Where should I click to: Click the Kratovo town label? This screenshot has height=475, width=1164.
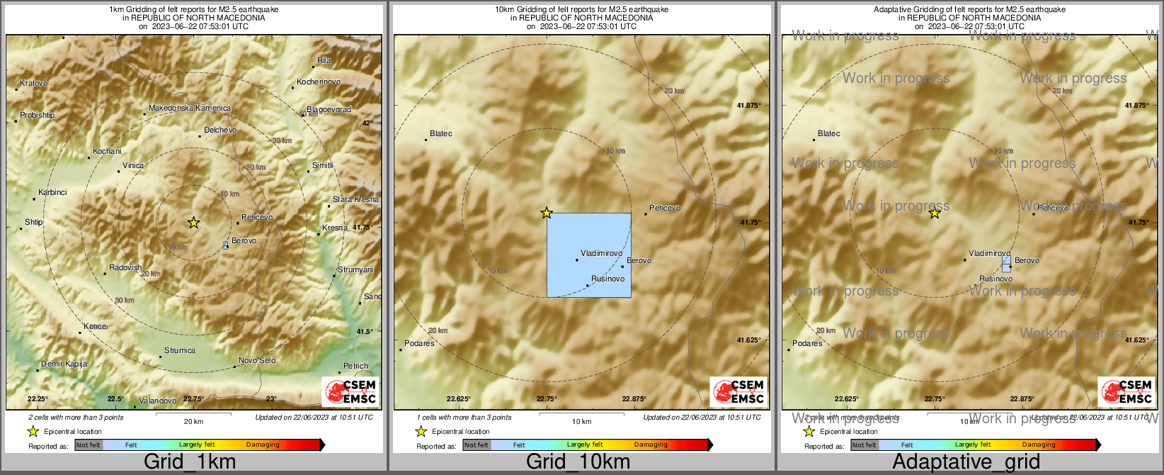33,84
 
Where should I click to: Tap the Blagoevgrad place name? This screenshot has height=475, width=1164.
329,110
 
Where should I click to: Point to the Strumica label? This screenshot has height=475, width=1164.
180,351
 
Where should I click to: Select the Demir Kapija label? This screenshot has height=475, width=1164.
64,364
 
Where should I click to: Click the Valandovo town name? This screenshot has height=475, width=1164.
157,401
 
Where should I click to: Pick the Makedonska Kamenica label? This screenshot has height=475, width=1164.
189,108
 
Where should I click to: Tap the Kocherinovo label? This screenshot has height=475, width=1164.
319,82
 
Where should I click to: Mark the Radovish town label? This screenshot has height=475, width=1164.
125,268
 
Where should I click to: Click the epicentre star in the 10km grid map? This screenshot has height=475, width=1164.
547,213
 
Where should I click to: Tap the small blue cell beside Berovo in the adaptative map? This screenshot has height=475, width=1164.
1006,264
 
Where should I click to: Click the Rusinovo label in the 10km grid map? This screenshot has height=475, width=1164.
607,279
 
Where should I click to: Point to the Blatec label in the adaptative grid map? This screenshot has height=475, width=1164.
828,134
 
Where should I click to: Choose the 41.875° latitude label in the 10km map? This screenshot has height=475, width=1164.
748,106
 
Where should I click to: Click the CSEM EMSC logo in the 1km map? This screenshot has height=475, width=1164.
350,391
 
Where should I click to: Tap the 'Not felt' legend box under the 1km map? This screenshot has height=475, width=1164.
89,445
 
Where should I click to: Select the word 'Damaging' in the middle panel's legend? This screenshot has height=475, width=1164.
651,445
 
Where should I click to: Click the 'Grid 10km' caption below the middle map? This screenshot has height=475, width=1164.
578,462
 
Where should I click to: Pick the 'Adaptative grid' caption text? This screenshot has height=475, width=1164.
966,462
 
